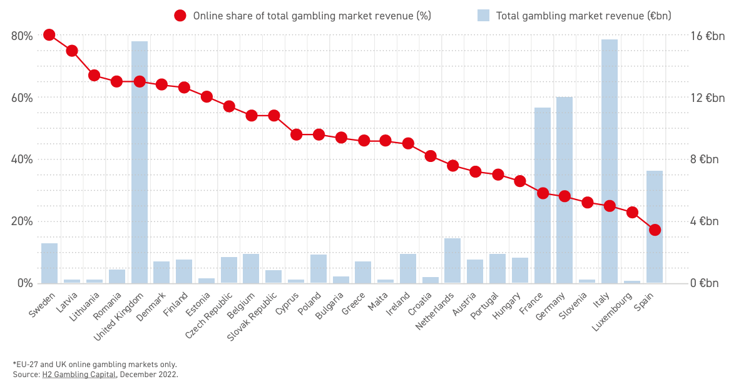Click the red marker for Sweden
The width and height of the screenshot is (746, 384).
click(49, 35)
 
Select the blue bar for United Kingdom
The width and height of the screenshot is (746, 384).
click(140, 162)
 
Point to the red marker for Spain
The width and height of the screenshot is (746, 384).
click(655, 230)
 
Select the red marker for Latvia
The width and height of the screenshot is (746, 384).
click(72, 51)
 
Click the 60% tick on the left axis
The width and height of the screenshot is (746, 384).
click(22, 98)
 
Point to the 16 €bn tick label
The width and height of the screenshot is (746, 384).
click(707, 36)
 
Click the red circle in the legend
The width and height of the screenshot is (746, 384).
click(180, 16)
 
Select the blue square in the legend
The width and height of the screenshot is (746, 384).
click(483, 16)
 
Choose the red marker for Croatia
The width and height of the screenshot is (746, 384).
click(431, 156)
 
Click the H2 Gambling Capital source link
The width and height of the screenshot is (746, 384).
click(79, 375)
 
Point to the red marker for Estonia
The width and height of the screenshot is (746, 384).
click(207, 97)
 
